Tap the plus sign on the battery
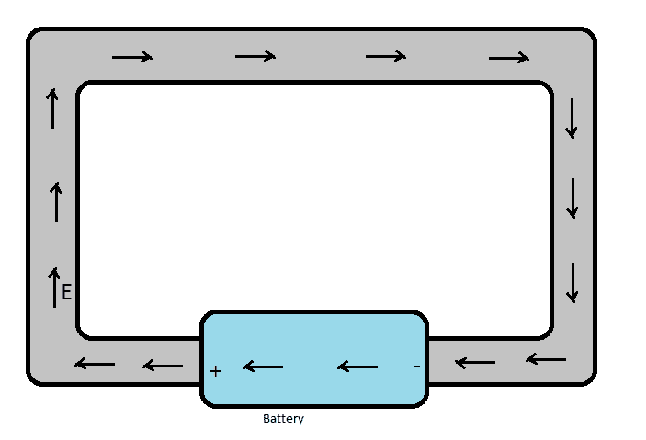216,371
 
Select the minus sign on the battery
417,367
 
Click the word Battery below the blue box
283,419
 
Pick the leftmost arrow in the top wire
132,58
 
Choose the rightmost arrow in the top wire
509,59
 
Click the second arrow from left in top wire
255,57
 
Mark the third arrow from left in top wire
386,57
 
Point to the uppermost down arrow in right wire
572,118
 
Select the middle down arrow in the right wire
572,197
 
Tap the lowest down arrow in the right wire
572,282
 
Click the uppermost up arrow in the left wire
52,108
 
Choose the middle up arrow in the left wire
56,202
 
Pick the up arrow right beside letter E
53,287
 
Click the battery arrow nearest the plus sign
263,367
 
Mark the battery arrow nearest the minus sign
357,367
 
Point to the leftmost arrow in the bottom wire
95,365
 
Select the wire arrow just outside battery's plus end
163,367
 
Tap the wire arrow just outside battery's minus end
475,363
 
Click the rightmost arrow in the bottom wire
546,358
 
